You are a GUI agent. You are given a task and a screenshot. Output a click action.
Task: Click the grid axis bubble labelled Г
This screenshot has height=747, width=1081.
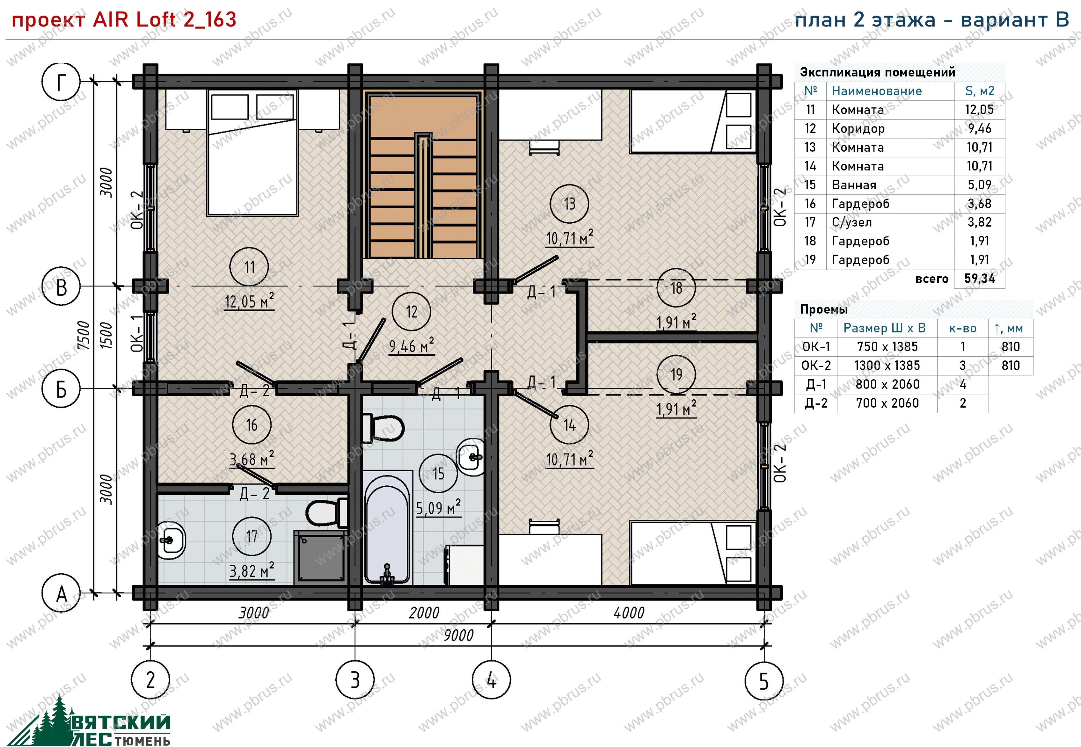pyautogui.click(x=61, y=82)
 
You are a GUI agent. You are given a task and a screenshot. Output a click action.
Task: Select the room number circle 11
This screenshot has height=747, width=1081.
pyautogui.click(x=249, y=267)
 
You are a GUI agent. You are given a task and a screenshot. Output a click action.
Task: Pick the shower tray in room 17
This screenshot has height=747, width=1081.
pyautogui.click(x=321, y=557)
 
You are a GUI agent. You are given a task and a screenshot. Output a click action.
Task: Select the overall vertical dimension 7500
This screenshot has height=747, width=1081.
pyautogui.click(x=83, y=335)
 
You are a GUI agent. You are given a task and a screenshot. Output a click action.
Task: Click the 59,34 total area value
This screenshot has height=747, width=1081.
pyautogui.click(x=979, y=279)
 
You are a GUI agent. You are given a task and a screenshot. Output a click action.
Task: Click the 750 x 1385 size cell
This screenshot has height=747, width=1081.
pyautogui.click(x=887, y=347)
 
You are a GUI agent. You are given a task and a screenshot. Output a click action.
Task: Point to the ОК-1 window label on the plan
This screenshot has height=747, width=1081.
pyautogui.click(x=137, y=333)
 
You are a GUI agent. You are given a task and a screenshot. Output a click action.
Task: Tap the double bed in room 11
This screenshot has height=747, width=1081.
pyautogui.click(x=252, y=153)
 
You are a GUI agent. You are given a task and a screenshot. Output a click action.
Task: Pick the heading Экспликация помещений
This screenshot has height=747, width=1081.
pyautogui.click(x=877, y=72)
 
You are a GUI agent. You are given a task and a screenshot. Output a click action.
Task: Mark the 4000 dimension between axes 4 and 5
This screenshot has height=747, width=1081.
pyautogui.click(x=629, y=612)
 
